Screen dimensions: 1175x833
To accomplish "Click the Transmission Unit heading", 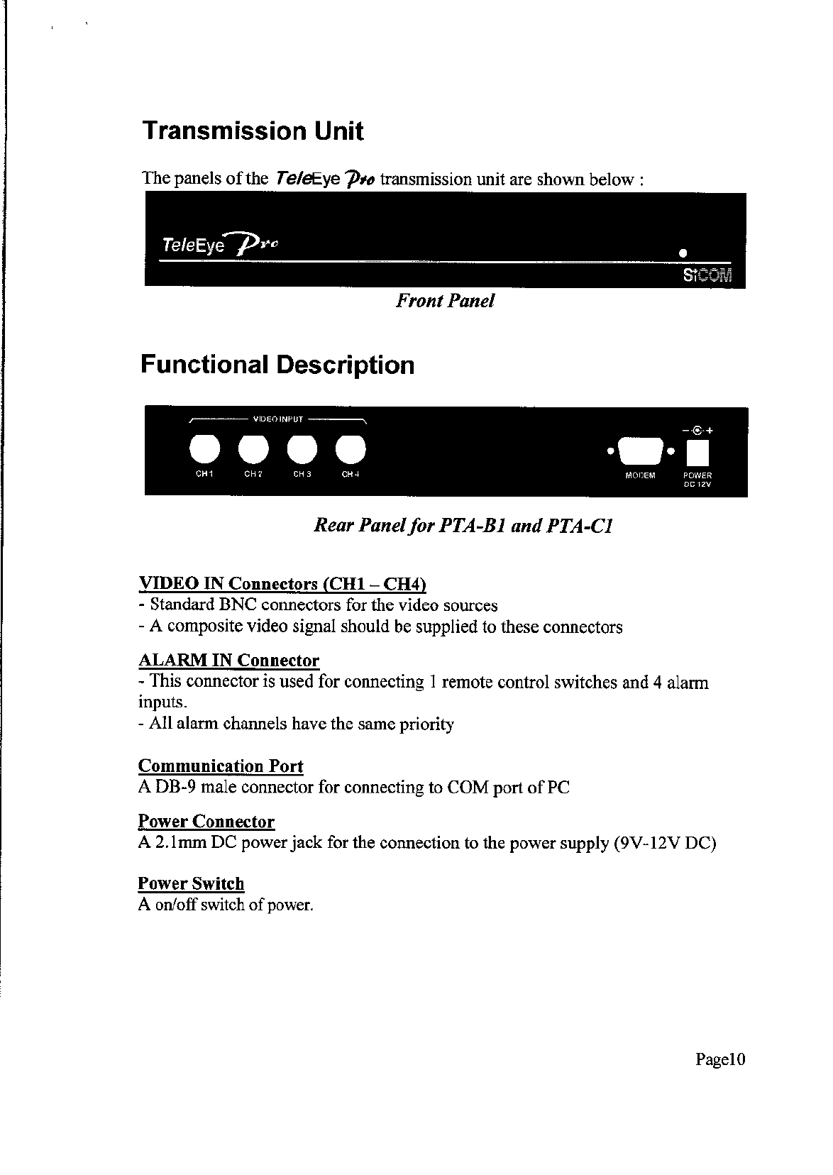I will (253, 131).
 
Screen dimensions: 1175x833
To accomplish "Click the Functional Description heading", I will (277, 365).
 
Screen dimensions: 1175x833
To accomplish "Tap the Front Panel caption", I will (444, 301).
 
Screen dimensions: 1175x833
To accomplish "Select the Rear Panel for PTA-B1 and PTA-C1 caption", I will (463, 526).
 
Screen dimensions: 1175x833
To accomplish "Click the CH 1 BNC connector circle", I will (204, 448).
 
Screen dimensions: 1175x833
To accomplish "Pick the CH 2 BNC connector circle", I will (253, 448).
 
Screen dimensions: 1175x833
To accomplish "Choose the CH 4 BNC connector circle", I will (350, 448).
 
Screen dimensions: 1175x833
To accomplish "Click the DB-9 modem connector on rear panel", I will (639, 451).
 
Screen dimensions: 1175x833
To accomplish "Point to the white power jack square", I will (697, 451).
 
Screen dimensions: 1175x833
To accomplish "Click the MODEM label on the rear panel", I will (640, 475).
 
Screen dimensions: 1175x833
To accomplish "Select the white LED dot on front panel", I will (683, 253).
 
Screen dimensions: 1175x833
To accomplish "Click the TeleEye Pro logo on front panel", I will (220, 245).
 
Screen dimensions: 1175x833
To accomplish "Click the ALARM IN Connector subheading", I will (228, 661).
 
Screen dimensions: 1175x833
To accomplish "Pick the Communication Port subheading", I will (221, 766).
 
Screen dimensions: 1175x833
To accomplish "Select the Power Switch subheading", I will (191, 883).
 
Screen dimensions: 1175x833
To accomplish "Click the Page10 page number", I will (720, 1060).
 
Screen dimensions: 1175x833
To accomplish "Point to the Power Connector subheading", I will (206, 822).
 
